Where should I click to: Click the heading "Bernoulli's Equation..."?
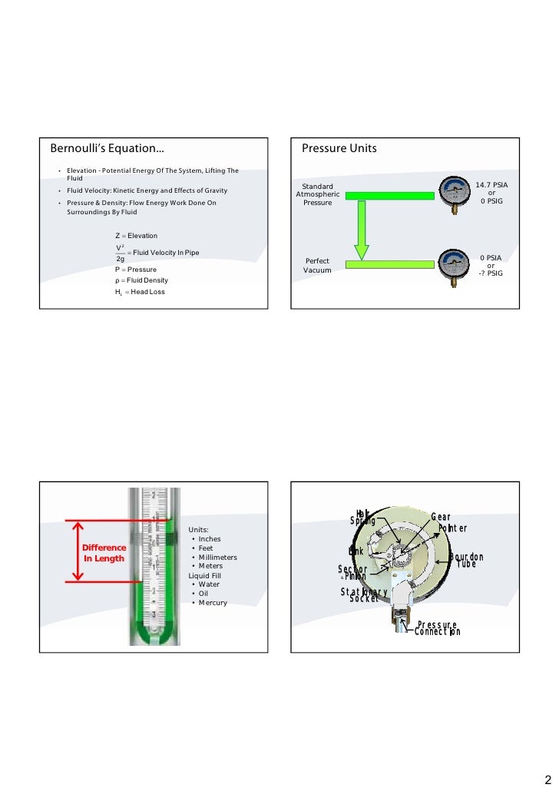tap(107, 147)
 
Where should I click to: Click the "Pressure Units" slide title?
tap(339, 147)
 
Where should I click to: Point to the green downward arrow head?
tap(360, 251)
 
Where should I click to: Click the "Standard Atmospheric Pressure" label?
tap(317, 194)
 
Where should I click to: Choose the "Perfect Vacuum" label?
tap(317, 266)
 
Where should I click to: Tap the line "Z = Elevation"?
tap(136, 235)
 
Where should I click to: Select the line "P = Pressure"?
tap(136, 270)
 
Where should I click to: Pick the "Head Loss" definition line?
tap(140, 292)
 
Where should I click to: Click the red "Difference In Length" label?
tap(104, 553)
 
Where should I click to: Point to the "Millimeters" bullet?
tap(218, 557)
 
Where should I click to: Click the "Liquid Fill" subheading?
tap(207, 575)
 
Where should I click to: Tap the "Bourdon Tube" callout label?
tap(466, 561)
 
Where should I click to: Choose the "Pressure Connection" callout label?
tap(438, 629)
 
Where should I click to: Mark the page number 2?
tap(547, 777)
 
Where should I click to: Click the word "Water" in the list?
tap(209, 584)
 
